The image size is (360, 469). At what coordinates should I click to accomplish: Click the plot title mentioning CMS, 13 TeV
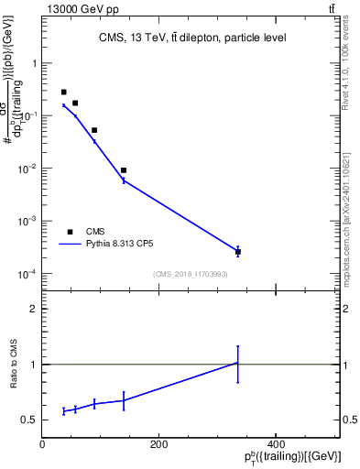coord(192,38)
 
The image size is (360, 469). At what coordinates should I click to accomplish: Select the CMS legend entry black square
coord(70,232)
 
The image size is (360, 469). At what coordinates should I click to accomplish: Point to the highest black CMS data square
coord(63,93)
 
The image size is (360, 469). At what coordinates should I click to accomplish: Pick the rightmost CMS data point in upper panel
coord(238,252)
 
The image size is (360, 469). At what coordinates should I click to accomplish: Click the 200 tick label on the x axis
coord(158,444)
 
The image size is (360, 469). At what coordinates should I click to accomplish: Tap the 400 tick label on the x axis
coord(275,444)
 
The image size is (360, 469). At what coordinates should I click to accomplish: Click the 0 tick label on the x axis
coord(42,444)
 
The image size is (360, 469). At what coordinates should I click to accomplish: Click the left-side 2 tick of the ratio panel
coord(34,309)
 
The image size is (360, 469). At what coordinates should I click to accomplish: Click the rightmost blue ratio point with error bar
coord(238,364)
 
